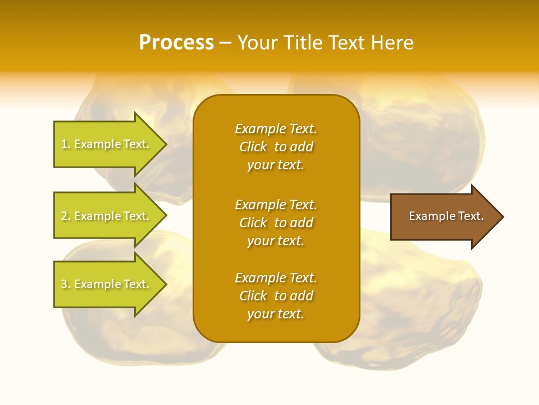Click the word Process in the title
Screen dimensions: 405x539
coord(176,43)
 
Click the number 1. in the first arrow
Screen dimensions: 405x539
coord(66,144)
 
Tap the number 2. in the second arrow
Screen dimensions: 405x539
coord(66,216)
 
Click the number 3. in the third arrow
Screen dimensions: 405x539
coord(66,284)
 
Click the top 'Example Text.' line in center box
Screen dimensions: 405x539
coord(276,129)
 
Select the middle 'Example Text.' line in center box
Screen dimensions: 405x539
coord(276,204)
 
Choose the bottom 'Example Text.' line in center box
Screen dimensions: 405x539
coord(276,278)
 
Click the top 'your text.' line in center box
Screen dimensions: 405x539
coord(276,165)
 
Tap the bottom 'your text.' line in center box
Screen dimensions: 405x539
coord(276,314)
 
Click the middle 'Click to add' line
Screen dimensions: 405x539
coord(276,223)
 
